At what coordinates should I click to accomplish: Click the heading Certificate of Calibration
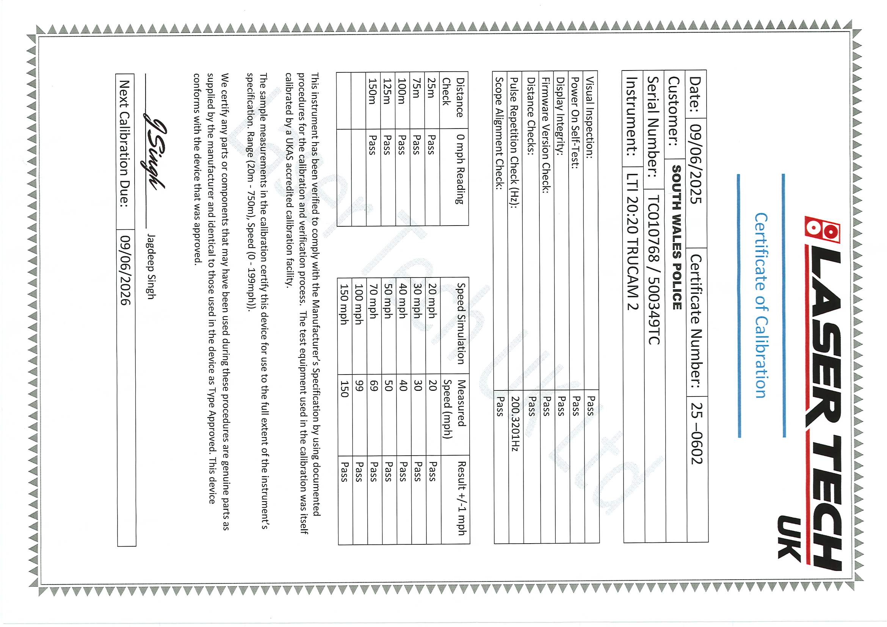click(x=762, y=305)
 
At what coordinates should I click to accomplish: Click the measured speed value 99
click(x=359, y=386)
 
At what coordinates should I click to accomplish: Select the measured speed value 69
click(x=374, y=386)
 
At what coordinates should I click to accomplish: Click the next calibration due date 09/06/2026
click(x=126, y=270)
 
